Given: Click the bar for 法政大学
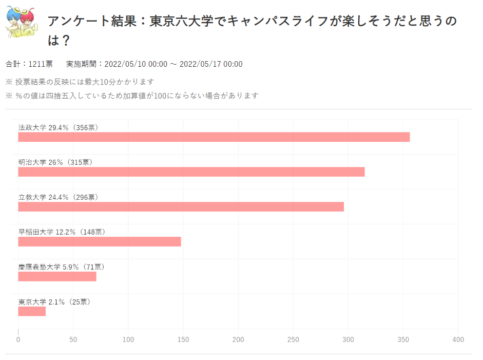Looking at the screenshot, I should coord(214,137).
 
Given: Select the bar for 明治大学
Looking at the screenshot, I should coord(191,172).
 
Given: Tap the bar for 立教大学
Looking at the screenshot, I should coord(181,207).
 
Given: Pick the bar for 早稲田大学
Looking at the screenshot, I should coord(99,242).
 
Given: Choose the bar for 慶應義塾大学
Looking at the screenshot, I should coord(57,276).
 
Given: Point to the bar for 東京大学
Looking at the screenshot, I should coord(32,311).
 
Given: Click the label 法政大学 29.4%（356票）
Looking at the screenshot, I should coord(58,127).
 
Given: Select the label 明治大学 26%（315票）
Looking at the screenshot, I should coord(55,162).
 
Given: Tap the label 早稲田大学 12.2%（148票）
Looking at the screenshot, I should coord(62,232).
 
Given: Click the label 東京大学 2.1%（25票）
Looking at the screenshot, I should coord(54,302).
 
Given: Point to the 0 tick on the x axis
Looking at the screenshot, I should coord(18,340).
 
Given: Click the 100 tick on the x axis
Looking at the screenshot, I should coord(128,340).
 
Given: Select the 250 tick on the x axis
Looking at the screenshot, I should coord(293,340).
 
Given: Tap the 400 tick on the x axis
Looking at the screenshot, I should coord(458,340).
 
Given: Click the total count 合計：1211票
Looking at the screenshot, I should coord(29,64).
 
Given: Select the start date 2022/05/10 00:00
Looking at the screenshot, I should coord(136,64).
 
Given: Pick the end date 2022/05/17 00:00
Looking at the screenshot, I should coord(211,64).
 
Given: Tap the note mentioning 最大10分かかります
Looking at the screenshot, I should coord(80,82).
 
